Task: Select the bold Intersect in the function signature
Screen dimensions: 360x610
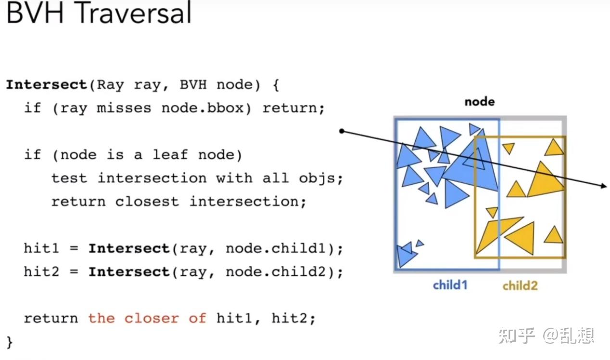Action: click(x=46, y=85)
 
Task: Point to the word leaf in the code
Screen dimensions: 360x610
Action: click(x=171, y=154)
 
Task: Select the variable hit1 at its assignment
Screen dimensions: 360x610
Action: click(x=41, y=248)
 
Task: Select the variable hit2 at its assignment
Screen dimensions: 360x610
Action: click(x=41, y=272)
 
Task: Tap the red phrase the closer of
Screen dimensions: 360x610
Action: click(x=147, y=318)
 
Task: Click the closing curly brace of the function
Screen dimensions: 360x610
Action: click(x=10, y=342)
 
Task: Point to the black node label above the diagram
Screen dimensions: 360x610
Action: click(x=479, y=102)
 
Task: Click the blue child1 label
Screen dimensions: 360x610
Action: click(x=450, y=285)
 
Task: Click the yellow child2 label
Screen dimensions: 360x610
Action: click(x=520, y=286)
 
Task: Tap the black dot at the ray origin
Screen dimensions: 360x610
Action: click(x=342, y=131)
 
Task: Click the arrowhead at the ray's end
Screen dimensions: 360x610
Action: click(x=603, y=186)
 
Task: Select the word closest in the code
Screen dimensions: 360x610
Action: click(x=147, y=201)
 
